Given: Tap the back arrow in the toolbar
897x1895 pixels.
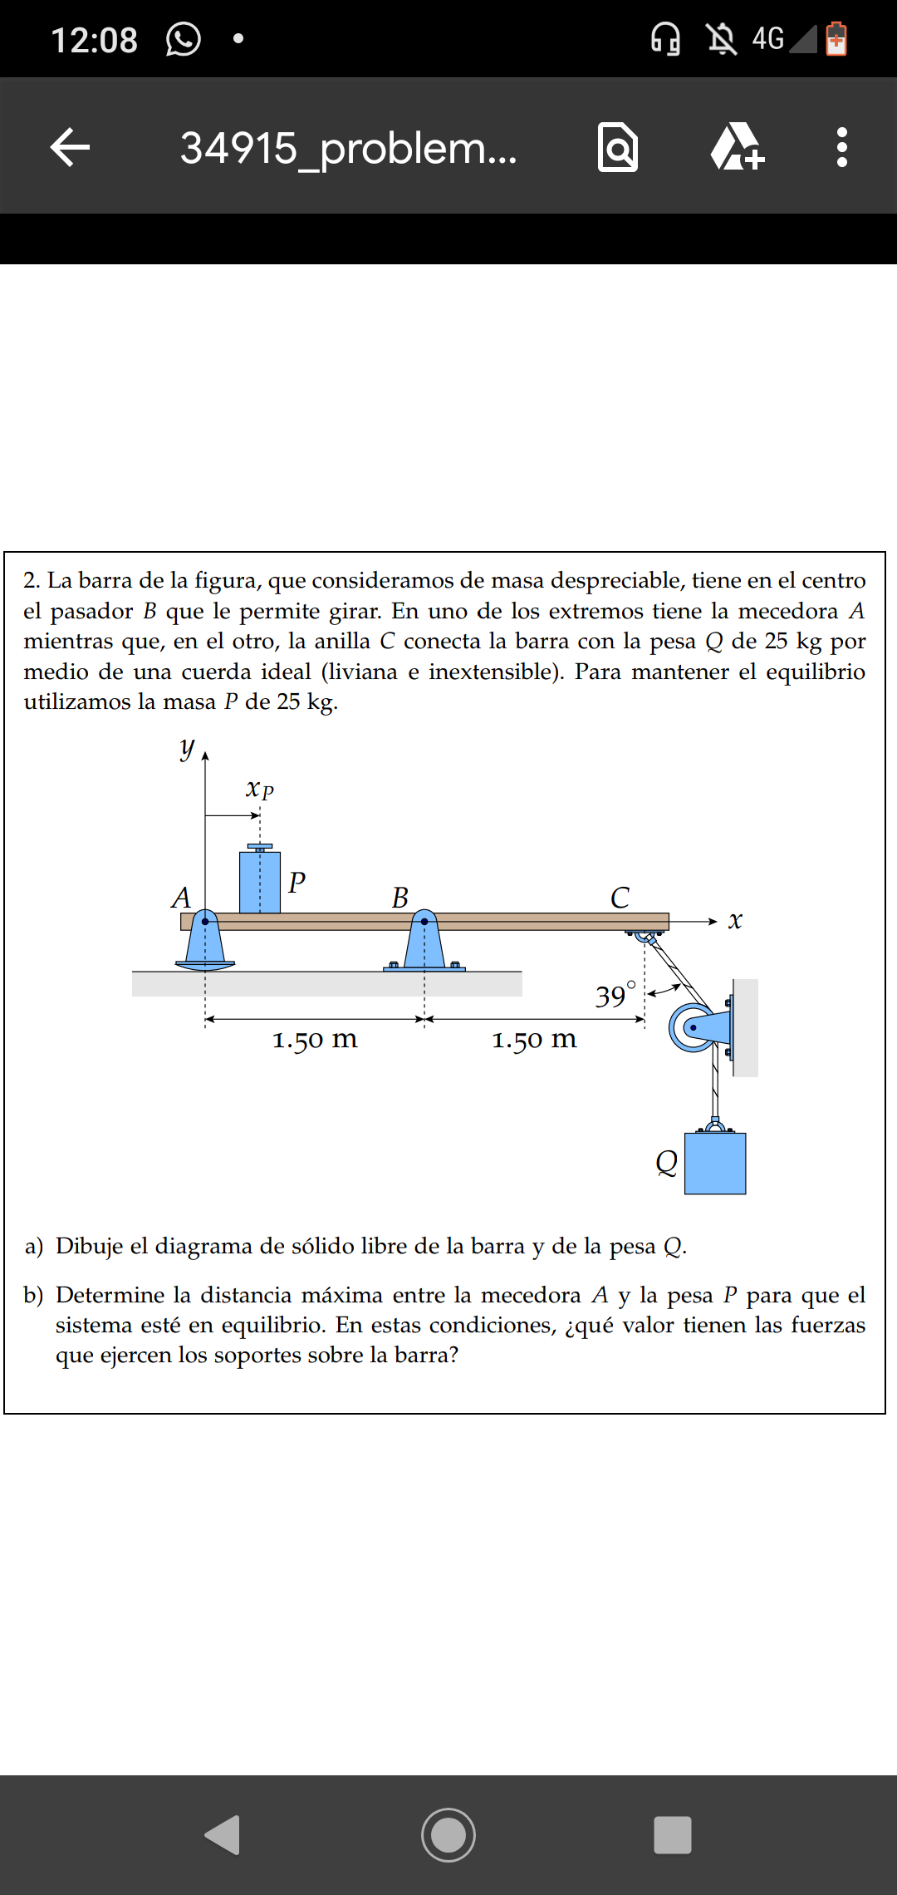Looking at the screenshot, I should tap(70, 147).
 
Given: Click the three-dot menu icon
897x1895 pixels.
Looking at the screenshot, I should tap(841, 147).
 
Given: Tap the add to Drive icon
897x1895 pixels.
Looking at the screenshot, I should tap(737, 147).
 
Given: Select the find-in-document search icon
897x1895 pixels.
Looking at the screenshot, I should tap(618, 147).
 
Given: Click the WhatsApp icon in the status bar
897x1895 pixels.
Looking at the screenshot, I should tap(183, 39).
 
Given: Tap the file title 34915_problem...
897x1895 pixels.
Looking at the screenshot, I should tap(348, 148).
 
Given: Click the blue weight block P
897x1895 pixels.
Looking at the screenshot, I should tap(259, 881).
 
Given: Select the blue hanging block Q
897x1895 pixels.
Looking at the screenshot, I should tap(714, 1164).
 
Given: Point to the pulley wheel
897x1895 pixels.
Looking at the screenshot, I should tap(691, 1027).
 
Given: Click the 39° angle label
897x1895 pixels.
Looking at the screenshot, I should tap(615, 995).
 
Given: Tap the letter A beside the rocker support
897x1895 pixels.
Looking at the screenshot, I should tap(181, 898).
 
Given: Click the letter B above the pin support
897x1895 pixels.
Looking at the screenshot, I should tap(400, 898).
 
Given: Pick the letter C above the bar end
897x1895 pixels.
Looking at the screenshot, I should tap(620, 898).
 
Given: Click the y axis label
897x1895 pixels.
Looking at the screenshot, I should tap(188, 748).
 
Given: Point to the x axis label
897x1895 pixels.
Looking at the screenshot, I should tap(734, 921).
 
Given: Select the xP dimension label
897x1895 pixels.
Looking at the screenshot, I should tap(259, 789).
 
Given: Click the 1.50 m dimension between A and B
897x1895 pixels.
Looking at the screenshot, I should tap(315, 1039).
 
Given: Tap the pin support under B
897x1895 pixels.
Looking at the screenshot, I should tap(424, 946).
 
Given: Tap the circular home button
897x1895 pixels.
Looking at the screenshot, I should tap(448, 1834).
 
